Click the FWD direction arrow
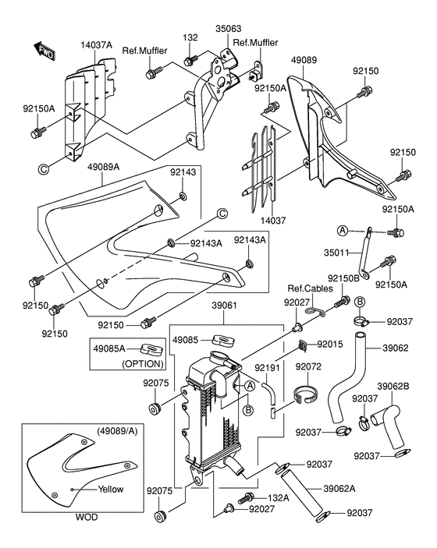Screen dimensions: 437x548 coord(44,51)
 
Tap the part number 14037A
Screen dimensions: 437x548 coord(96,45)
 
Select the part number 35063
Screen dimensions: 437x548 coord(228,29)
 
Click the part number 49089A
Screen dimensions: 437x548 coord(103,167)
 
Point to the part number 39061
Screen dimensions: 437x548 coord(224,306)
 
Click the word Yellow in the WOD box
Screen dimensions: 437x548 coord(111,489)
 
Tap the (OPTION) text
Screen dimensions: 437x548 coord(143,364)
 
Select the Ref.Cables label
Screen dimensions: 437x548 coord(310,288)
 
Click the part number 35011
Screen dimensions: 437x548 coord(336,253)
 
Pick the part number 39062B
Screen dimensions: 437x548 coord(393,387)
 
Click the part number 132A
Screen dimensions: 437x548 coord(279,497)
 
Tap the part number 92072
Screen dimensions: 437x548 coord(308,366)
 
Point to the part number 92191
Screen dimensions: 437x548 coord(268,368)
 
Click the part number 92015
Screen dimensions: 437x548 coord(330,345)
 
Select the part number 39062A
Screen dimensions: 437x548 coord(339,488)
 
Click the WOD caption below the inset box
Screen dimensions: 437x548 coord(87,517)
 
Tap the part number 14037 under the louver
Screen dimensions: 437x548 coord(273,221)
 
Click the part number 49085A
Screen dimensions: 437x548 coord(109,348)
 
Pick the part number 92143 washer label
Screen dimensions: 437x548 coord(183,172)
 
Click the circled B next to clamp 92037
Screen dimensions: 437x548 coord(360,302)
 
